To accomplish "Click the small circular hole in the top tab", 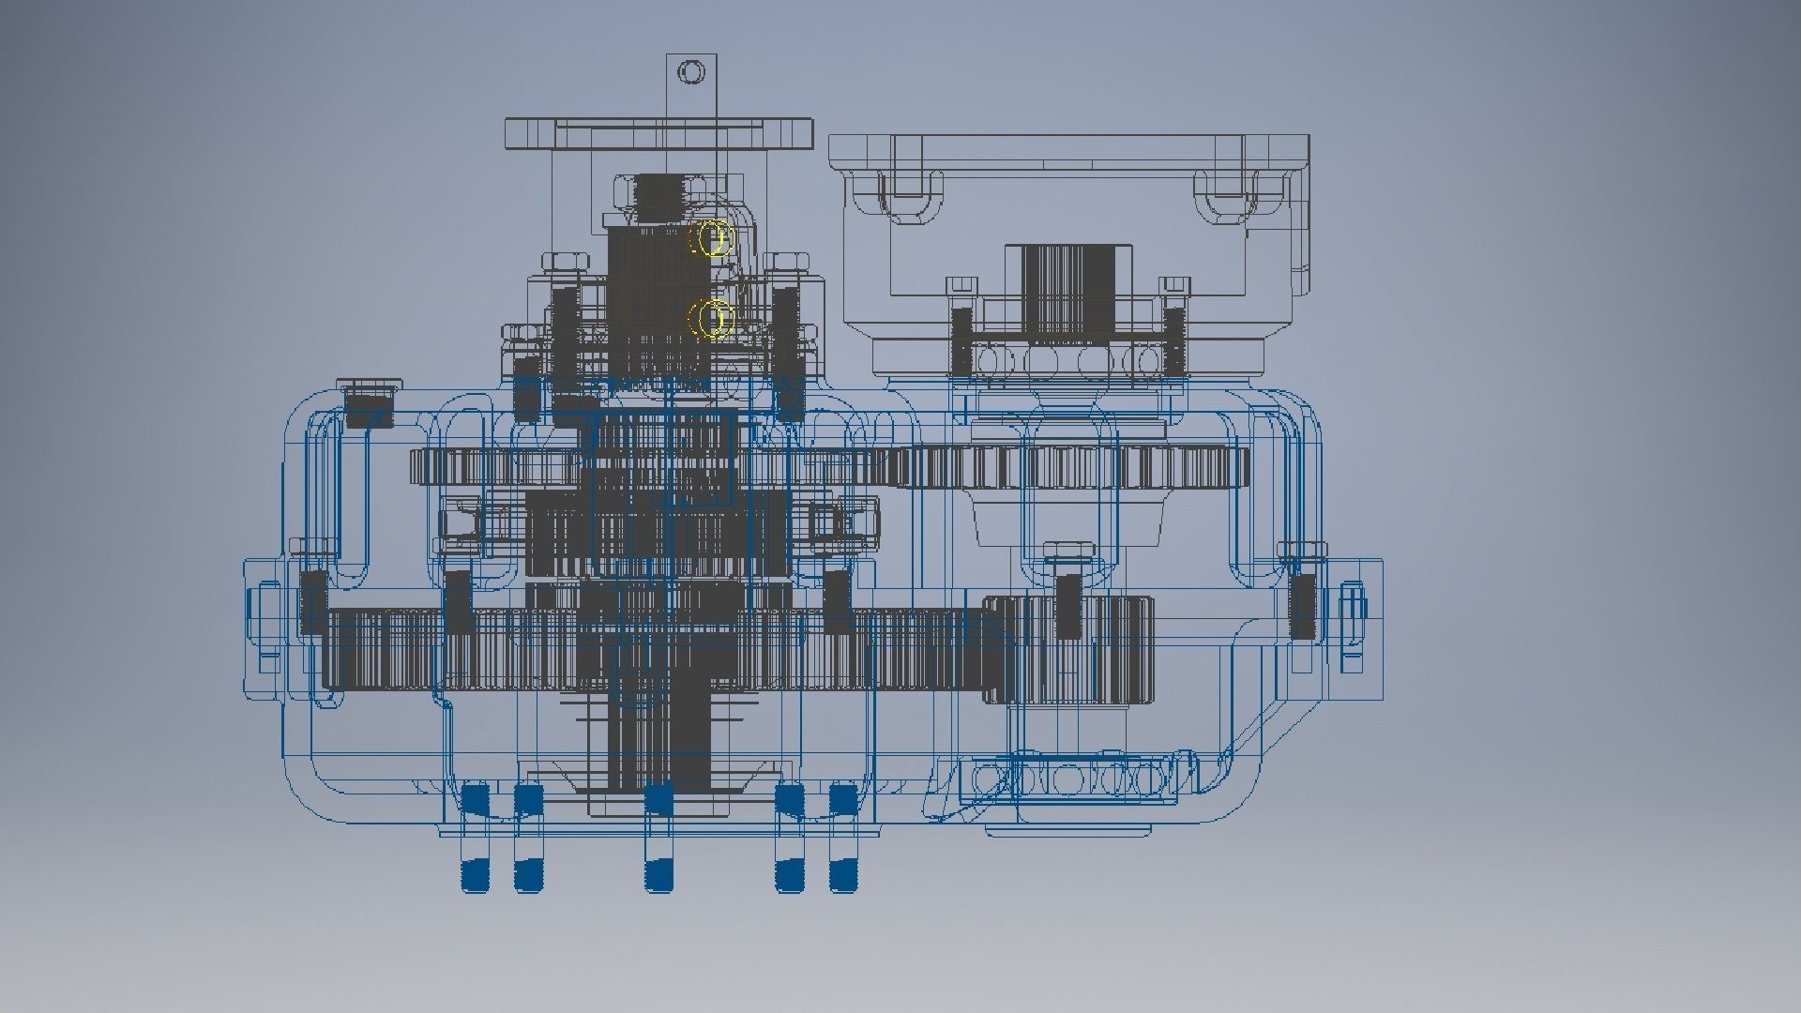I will tap(691, 71).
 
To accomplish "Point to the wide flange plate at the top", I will tap(658, 133).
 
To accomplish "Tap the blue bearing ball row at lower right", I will tap(1069, 778).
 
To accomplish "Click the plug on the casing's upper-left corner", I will tap(368, 403).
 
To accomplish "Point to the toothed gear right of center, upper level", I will tap(1069, 466).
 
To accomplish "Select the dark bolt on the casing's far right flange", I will tap(1302, 605).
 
